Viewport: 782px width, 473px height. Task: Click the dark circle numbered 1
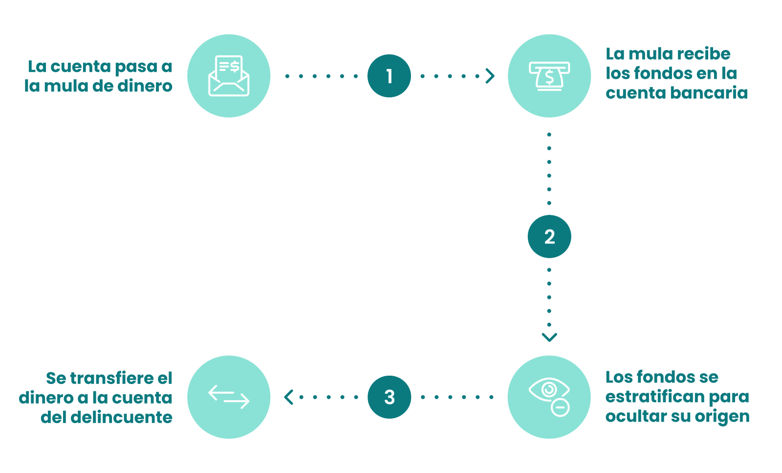389,76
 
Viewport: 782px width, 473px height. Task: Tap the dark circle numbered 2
549,237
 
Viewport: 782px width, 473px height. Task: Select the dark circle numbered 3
389,397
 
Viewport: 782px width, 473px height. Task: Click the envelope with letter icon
229,75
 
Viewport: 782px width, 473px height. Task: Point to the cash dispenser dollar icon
549,76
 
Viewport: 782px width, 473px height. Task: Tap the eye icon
549,390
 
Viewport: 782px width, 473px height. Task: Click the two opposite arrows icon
229,397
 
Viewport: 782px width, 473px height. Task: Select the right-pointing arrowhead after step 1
490,76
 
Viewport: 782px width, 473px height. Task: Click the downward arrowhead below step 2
549,337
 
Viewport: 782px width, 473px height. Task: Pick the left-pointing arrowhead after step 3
288,397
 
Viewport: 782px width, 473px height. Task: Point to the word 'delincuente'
122,417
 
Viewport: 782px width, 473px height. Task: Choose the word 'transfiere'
109,378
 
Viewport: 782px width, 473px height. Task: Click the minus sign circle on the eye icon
560,407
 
